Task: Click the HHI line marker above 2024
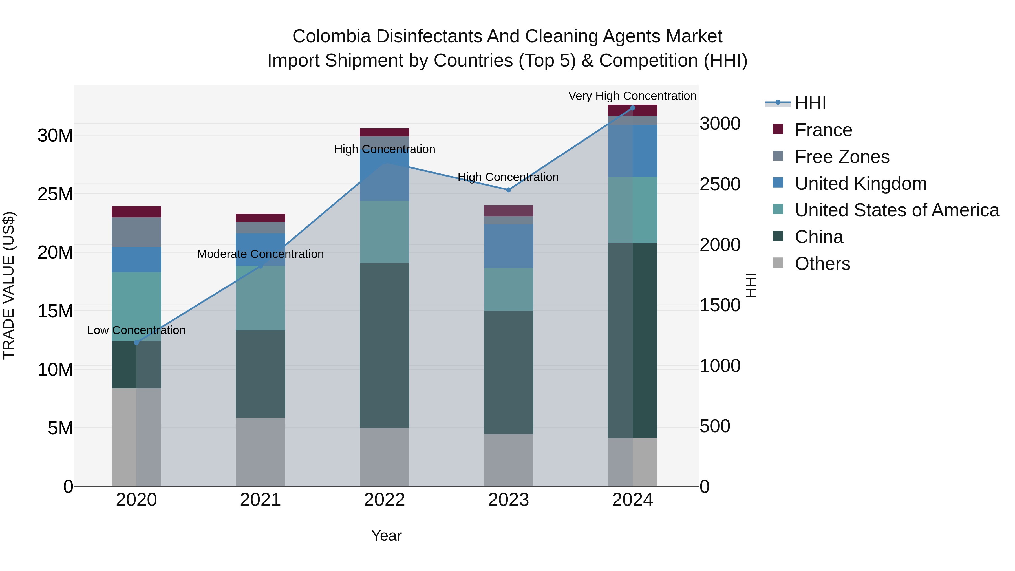click(632, 108)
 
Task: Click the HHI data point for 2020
click(136, 342)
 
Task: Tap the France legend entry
click(823, 130)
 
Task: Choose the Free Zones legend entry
click(842, 157)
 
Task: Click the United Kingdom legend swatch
click(778, 183)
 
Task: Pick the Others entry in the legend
click(822, 264)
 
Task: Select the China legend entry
click(819, 237)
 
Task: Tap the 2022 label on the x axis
click(384, 500)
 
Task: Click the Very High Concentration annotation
click(632, 96)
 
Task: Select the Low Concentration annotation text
click(136, 330)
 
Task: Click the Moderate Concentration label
click(261, 254)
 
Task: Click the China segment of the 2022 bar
click(384, 345)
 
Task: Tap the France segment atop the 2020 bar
click(136, 211)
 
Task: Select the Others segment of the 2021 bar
click(261, 452)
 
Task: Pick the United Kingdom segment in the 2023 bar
click(508, 246)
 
